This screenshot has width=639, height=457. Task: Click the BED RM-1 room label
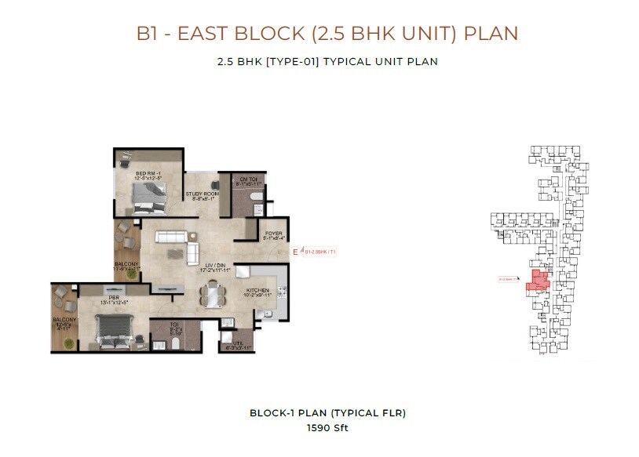[148, 173]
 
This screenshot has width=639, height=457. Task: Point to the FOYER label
[273, 233]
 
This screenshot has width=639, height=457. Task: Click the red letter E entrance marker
[295, 252]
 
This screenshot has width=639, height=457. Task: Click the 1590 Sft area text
[327, 428]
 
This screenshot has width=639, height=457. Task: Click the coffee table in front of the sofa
[193, 252]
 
